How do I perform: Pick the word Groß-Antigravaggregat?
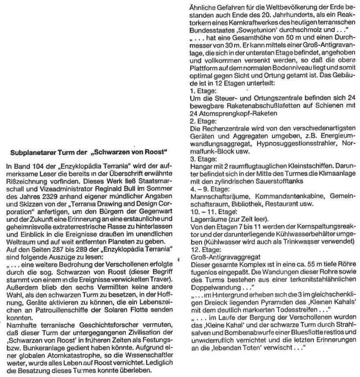tap(219, 256)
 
